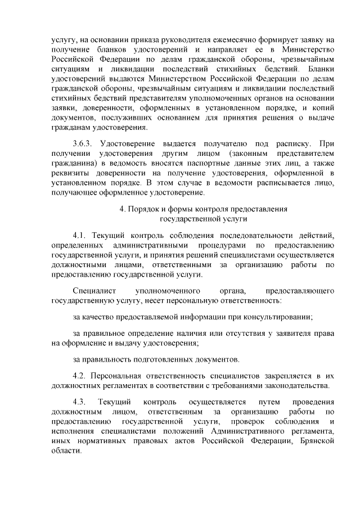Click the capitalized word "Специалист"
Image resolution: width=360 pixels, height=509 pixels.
(x=94, y=291)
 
